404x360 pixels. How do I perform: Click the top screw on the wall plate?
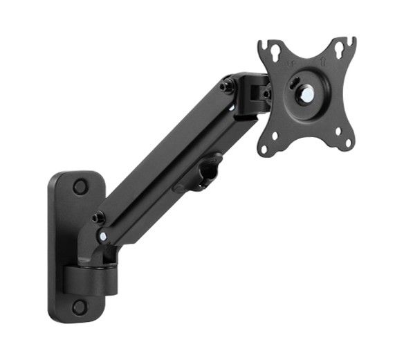pos(80,186)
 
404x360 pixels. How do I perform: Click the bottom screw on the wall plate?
pos(80,306)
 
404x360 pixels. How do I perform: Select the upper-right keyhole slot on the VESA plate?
pos(340,51)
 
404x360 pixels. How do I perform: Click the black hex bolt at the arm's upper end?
pos(226,86)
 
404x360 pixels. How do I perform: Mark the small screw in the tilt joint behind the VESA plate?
pos(266,95)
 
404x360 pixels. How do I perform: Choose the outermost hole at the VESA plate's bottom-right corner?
pos(349,144)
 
